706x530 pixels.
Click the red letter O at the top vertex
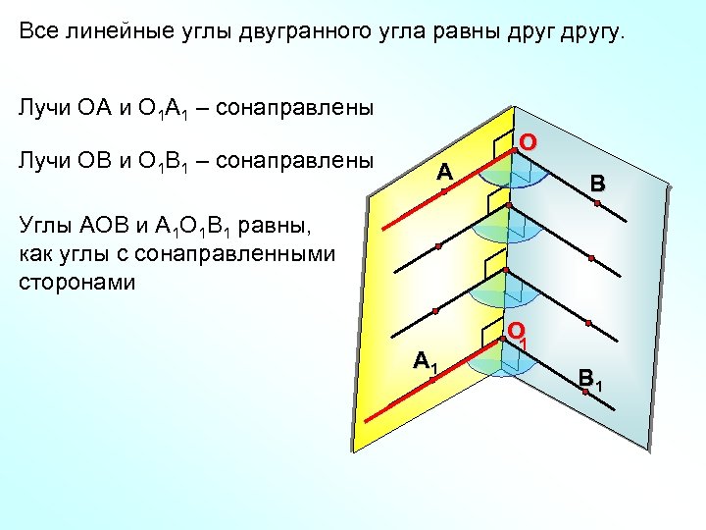point(528,142)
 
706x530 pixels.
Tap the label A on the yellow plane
point(444,173)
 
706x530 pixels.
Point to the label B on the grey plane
point(597,184)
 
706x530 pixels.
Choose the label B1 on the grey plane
point(589,377)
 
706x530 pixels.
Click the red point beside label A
point(443,191)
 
